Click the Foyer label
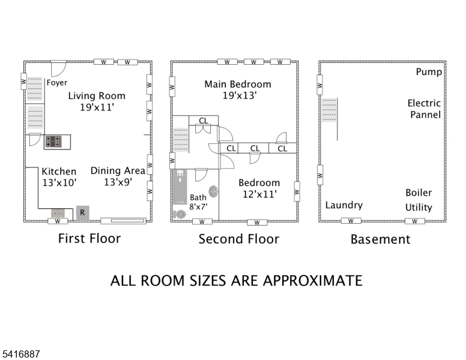tap(58, 83)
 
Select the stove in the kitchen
tap(53, 142)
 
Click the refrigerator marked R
tap(82, 212)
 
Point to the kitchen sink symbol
tap(58, 212)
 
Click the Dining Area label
tap(118, 171)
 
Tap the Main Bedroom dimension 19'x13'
tap(237, 96)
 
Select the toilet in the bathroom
tap(180, 214)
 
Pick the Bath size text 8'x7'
tap(198, 207)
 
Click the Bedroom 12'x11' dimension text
tap(259, 194)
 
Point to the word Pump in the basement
tap(429, 72)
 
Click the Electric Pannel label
tap(425, 109)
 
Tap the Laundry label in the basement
tap(343, 205)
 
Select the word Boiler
tap(418, 193)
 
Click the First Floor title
tap(89, 238)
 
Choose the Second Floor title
tap(238, 239)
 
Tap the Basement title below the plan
tap(380, 239)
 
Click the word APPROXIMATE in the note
tap(304, 280)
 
